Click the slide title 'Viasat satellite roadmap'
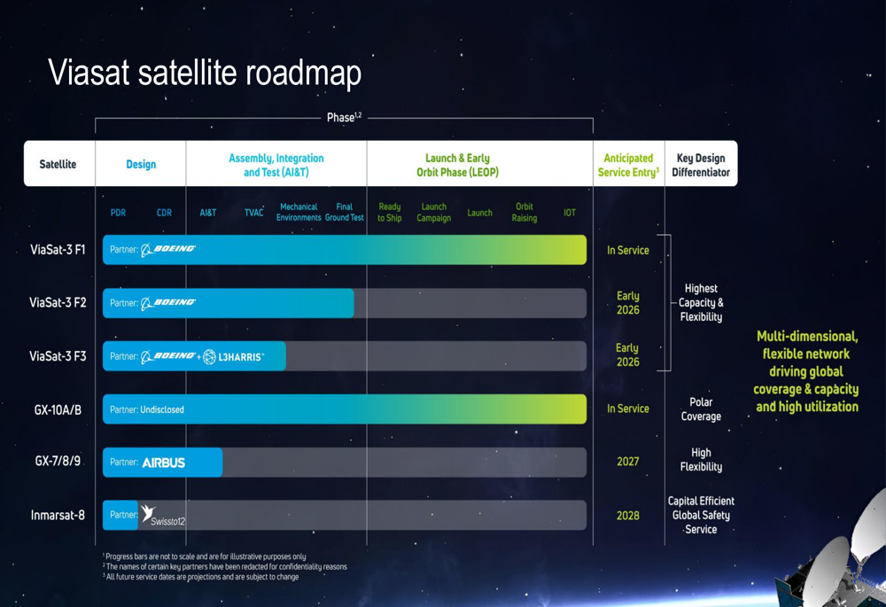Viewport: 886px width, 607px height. click(205, 73)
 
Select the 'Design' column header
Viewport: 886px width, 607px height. click(141, 165)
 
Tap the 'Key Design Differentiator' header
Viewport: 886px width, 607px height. click(701, 165)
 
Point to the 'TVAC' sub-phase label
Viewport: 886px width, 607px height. click(253, 213)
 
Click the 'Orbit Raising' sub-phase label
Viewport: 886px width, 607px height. click(525, 213)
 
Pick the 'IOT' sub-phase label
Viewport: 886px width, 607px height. click(570, 213)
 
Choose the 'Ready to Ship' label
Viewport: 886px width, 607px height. click(389, 213)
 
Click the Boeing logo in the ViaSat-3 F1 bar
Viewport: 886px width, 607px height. click(168, 249)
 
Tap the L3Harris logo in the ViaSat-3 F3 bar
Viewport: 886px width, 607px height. click(233, 356)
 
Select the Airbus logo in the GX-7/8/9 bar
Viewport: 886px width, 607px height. click(163, 463)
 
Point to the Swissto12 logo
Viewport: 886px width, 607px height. click(163, 516)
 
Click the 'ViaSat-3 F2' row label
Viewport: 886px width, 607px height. click(58, 303)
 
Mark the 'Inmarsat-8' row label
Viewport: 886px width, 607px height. click(58, 516)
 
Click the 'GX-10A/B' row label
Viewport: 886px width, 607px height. click(58, 409)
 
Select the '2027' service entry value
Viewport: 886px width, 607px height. click(628, 462)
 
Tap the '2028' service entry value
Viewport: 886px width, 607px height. click(628, 516)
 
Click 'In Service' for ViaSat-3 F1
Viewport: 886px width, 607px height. click(628, 251)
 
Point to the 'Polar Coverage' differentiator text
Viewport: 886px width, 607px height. click(701, 409)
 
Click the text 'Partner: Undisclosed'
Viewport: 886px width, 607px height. click(147, 409)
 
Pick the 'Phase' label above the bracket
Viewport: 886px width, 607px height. click(344, 118)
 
